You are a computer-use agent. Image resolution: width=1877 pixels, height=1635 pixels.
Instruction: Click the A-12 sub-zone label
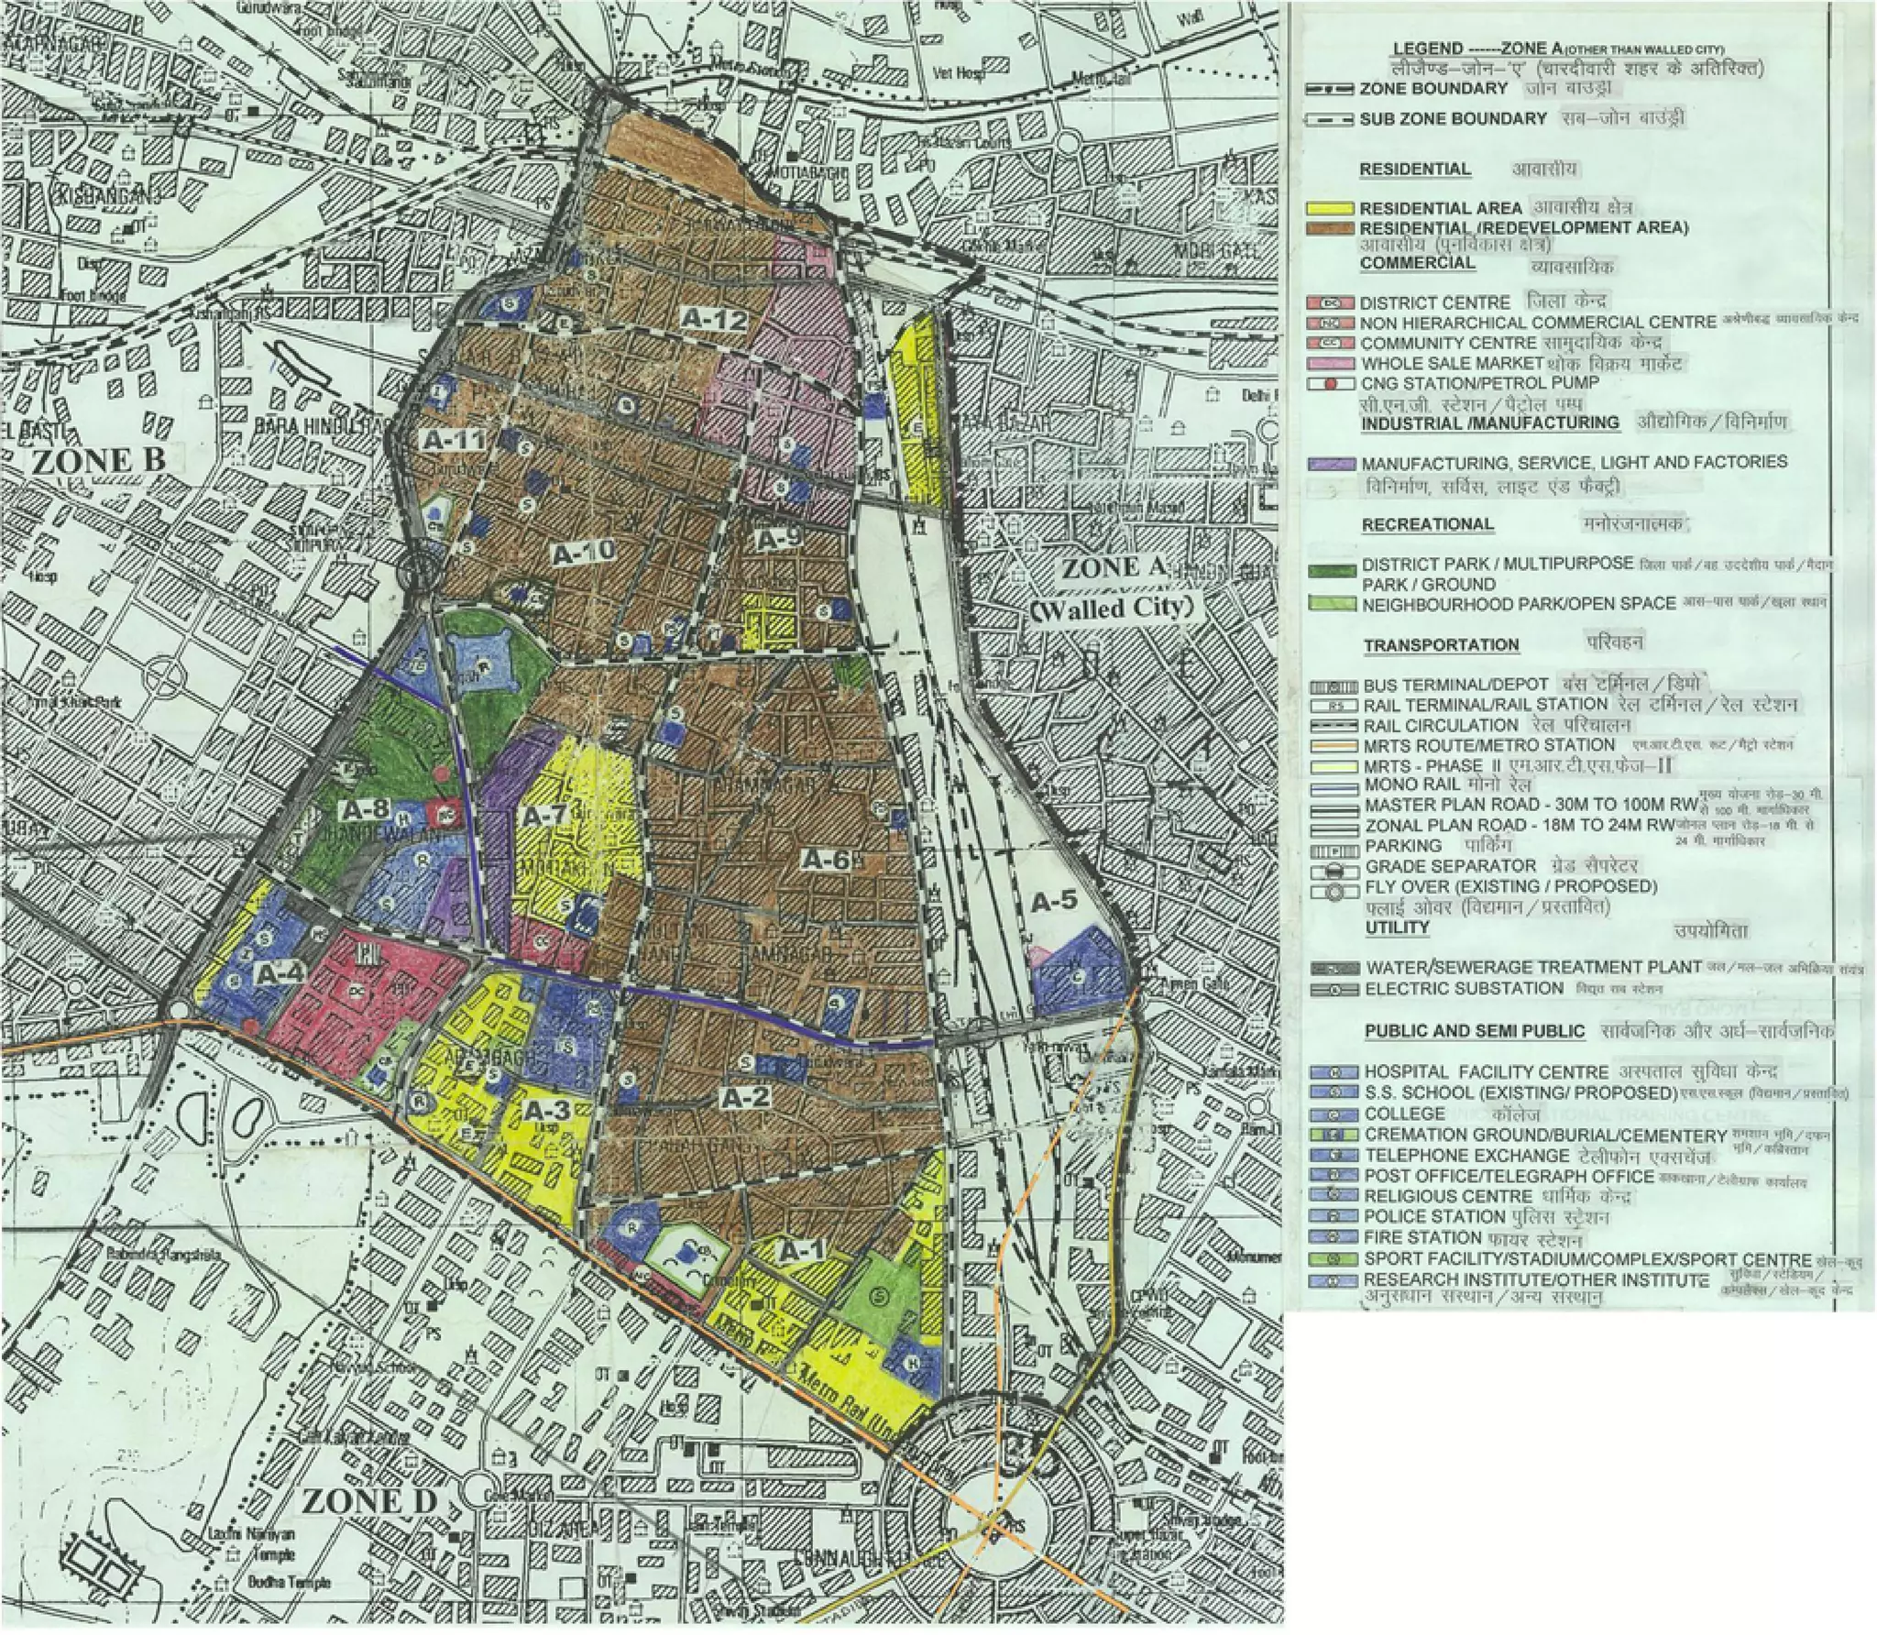click(x=714, y=318)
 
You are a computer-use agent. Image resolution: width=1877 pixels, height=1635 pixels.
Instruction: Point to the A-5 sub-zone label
click(x=1054, y=901)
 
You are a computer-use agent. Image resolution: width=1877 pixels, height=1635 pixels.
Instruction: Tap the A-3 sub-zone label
click(x=548, y=1111)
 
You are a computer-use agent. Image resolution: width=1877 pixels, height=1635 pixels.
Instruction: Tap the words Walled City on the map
click(x=1114, y=608)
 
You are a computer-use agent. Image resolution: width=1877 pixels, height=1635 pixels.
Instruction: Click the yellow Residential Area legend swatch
click(x=1331, y=208)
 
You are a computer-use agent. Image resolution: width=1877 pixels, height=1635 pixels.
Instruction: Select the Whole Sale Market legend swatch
click(x=1331, y=364)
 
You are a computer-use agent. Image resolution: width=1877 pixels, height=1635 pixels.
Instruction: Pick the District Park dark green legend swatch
click(x=1331, y=570)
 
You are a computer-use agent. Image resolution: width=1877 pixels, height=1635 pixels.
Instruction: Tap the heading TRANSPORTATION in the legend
click(x=1441, y=645)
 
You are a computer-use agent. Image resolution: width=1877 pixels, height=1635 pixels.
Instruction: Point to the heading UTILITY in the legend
click(x=1397, y=927)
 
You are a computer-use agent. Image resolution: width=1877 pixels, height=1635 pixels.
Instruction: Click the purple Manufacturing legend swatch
click(x=1331, y=464)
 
